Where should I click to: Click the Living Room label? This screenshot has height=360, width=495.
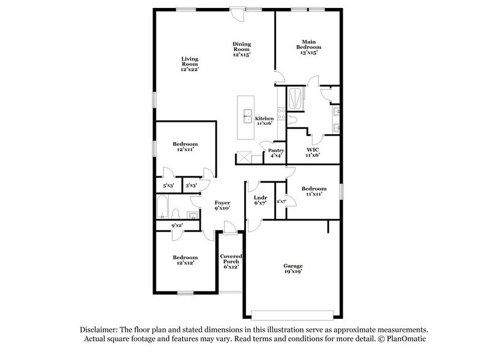(x=190, y=64)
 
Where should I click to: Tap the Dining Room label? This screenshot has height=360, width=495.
(x=242, y=49)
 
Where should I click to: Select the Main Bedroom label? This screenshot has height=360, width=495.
(x=309, y=47)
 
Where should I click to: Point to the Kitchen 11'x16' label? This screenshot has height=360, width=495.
(x=264, y=121)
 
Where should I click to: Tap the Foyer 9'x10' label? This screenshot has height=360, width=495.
(x=221, y=205)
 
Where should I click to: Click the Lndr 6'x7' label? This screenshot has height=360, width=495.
(x=259, y=200)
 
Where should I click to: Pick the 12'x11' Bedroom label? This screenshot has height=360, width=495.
(x=185, y=148)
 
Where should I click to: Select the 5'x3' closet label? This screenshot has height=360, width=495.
(x=168, y=185)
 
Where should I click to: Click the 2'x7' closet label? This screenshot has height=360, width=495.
(x=282, y=201)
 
